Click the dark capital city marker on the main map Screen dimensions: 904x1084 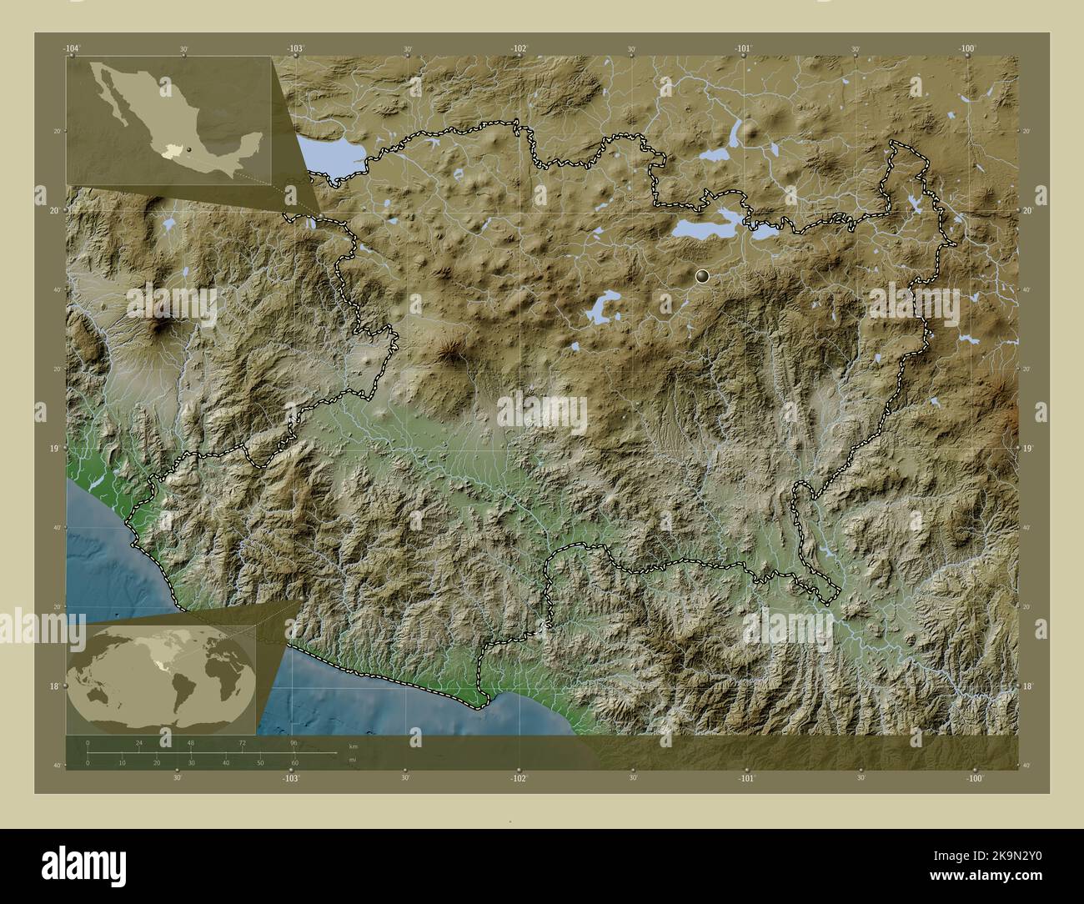[703, 274]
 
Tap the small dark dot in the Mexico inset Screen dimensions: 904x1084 [189, 149]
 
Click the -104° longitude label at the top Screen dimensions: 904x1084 [72, 49]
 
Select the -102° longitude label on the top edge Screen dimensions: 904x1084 [519, 49]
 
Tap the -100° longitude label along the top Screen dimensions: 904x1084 [966, 49]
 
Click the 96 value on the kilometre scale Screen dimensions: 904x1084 [294, 741]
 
